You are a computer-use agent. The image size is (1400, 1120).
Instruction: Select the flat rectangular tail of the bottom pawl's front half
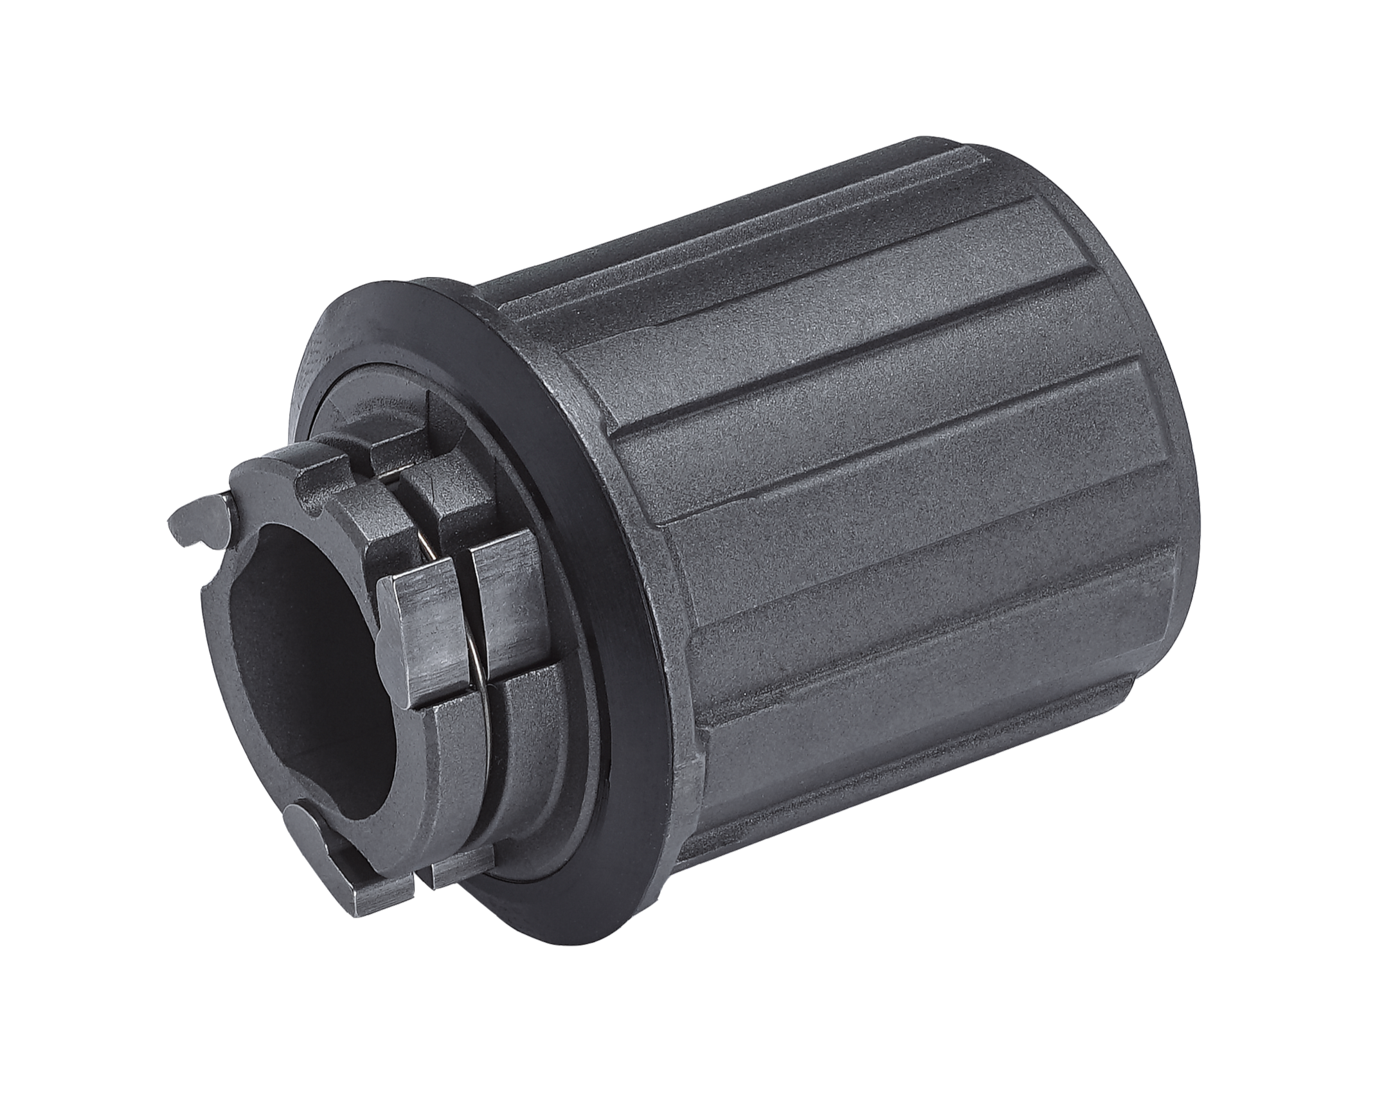point(383,893)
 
